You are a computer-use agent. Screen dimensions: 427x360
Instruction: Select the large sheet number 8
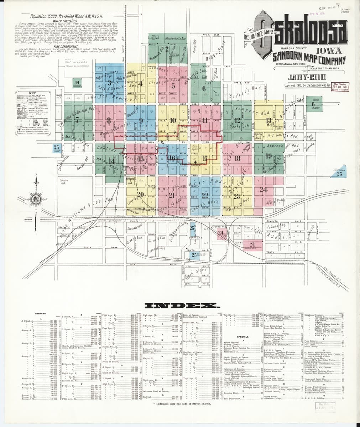[x=108, y=121]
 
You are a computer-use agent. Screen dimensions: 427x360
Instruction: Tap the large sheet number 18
[x=237, y=158]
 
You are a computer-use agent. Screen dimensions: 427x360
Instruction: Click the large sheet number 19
[x=268, y=155]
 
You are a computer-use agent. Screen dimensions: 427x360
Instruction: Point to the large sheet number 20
[x=140, y=194]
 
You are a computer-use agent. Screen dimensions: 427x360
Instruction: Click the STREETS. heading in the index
[x=40, y=313]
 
